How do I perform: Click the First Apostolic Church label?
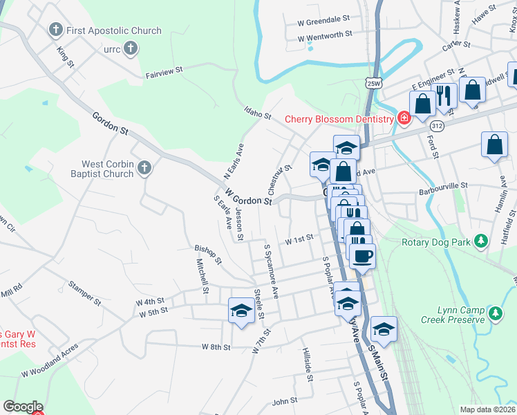pyautogui.click(x=114, y=31)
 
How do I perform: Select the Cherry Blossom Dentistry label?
pyautogui.click(x=339, y=119)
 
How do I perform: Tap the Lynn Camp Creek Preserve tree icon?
pyautogui.click(x=495, y=313)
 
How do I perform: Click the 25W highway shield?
pyautogui.click(x=373, y=83)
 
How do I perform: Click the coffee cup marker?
pyautogui.click(x=362, y=257)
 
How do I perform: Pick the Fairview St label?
pyautogui.click(x=164, y=70)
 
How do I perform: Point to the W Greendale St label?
pyautogui.click(x=324, y=21)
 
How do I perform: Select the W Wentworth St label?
pyautogui.click(x=325, y=34)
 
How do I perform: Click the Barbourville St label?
pyautogui.click(x=444, y=185)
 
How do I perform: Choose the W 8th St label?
pyautogui.click(x=216, y=347)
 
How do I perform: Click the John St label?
pyautogui.click(x=285, y=400)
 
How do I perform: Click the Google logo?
pyautogui.click(x=23, y=407)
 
